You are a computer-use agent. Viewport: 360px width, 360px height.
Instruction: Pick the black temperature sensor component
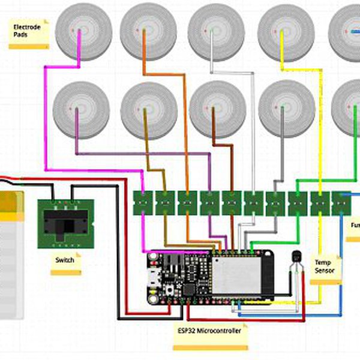[296, 259]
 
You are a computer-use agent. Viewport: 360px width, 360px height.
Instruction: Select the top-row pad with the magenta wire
[83, 31]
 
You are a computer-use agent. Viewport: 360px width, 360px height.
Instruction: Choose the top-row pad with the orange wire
[148, 31]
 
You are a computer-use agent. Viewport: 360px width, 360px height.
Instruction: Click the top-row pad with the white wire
[216, 31]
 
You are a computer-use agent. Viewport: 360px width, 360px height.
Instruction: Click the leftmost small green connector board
[142, 203]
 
